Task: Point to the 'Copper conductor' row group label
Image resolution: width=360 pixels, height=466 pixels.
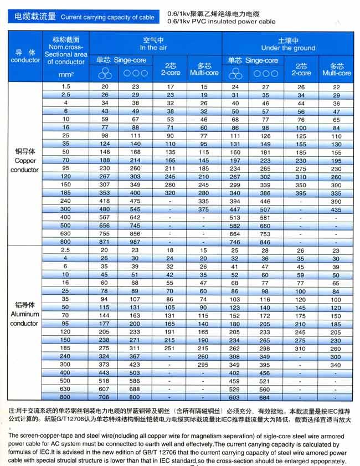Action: [24, 160]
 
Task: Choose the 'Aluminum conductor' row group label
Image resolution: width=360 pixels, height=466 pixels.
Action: [24, 314]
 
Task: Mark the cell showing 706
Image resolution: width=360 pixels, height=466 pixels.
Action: [105, 397]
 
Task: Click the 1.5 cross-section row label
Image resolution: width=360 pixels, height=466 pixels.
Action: [66, 87]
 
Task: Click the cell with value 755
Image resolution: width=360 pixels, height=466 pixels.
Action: [105, 234]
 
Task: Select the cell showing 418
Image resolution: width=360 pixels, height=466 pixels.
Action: [105, 201]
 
